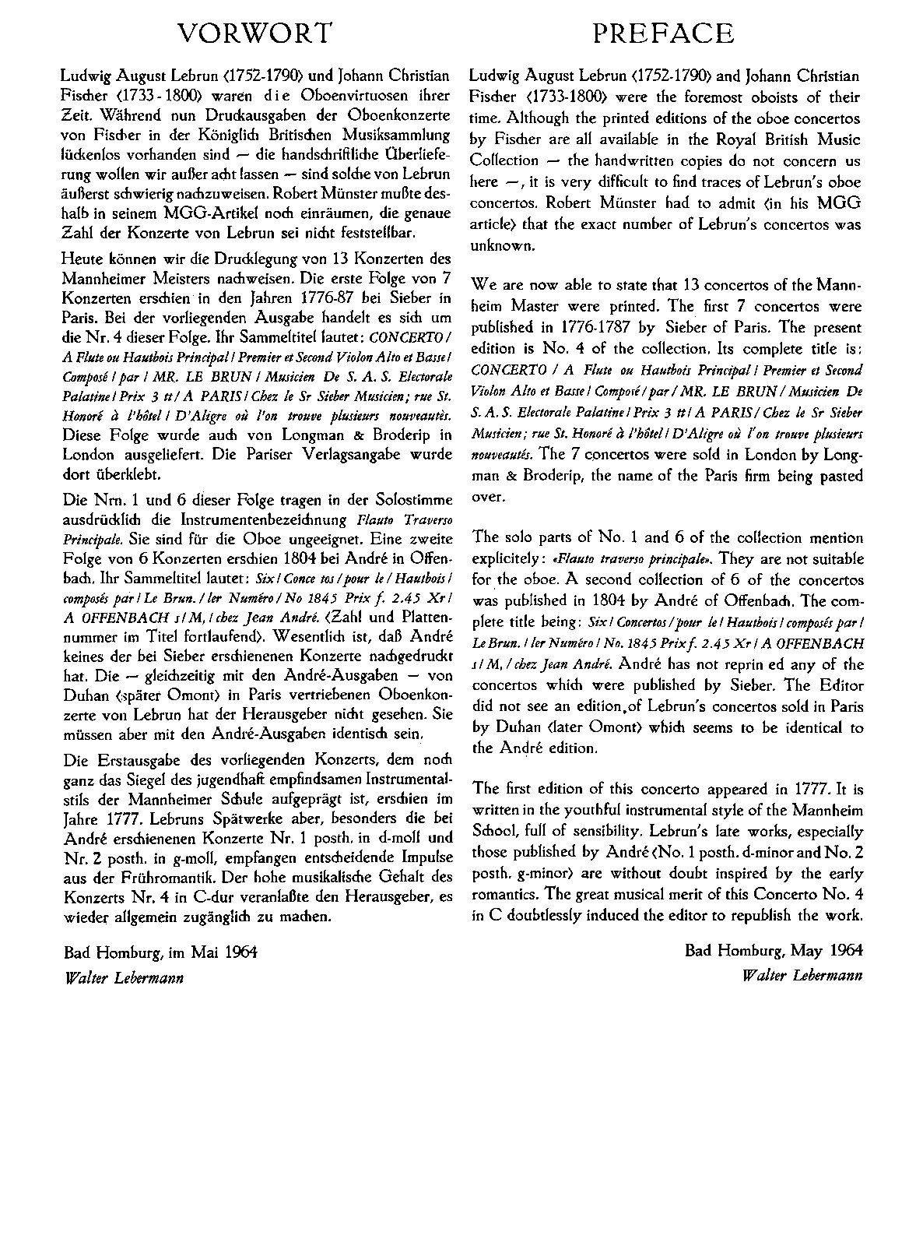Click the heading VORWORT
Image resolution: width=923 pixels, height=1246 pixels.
[x=255, y=33]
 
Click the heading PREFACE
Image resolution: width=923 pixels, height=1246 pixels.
[x=663, y=33]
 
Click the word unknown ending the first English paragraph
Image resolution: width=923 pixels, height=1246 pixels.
[x=502, y=245]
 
